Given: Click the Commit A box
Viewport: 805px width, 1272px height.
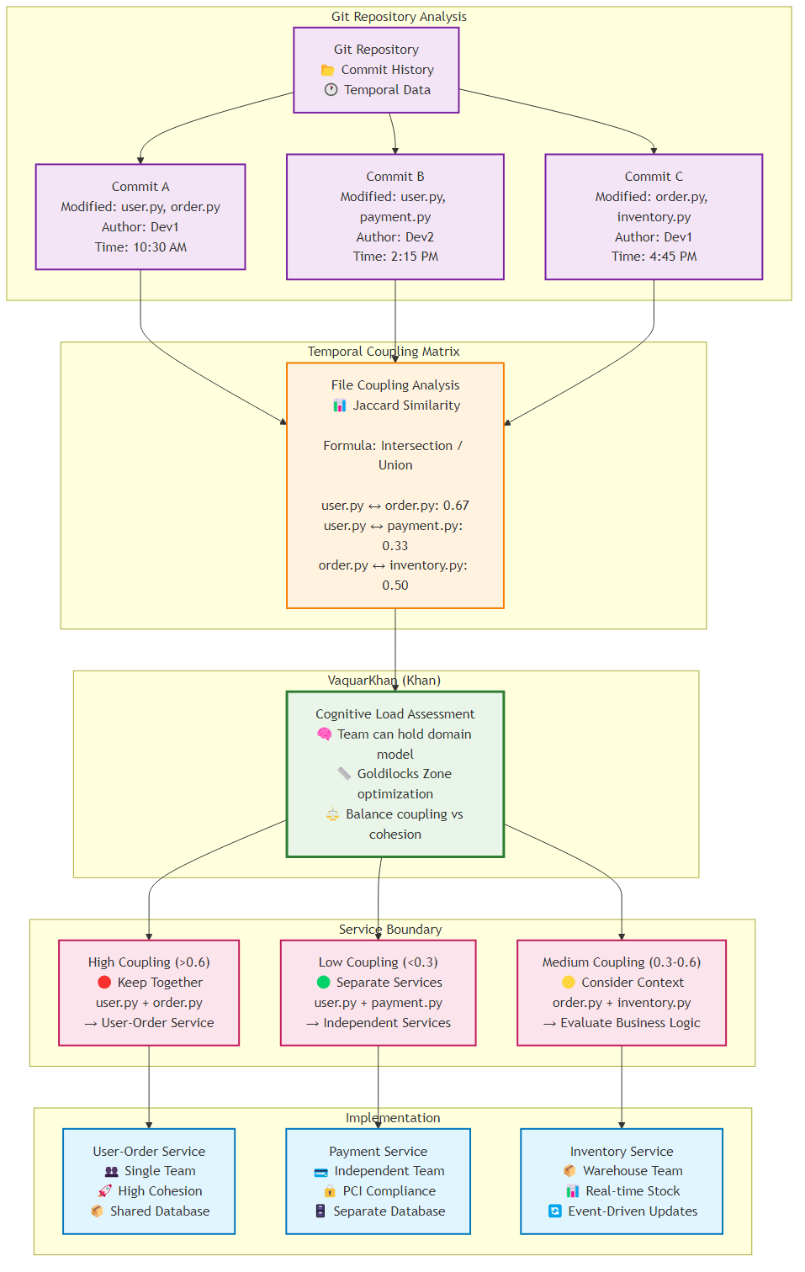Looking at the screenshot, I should [140, 216].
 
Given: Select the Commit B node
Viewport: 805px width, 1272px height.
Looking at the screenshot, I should [395, 216].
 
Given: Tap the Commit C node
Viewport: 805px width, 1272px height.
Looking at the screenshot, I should [654, 216].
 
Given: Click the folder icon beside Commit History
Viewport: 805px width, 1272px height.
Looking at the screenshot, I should [328, 70].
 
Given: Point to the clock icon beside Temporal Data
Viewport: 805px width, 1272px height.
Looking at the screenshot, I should [331, 90].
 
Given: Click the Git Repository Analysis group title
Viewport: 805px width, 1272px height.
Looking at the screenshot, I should [399, 17].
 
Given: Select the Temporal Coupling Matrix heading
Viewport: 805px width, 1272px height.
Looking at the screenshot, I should [384, 352].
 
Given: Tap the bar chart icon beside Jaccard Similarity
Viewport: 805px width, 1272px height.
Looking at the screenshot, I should [340, 405].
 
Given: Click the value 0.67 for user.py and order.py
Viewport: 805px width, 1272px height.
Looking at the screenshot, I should [456, 506].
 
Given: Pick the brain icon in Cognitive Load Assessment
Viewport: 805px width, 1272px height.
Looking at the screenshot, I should [325, 734].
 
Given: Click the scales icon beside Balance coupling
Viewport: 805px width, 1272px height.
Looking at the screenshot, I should [332, 814].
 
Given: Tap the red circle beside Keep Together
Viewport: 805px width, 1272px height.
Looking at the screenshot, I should [104, 983].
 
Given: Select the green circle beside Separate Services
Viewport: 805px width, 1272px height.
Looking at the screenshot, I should [324, 983].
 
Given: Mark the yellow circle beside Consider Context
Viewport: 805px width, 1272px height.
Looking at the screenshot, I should [569, 983].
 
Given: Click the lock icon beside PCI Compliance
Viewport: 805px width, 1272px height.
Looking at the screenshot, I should [330, 1191].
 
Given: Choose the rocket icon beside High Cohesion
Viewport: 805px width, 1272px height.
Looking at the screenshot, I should [104, 1191].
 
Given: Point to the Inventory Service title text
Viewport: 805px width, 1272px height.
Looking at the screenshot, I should [622, 1152].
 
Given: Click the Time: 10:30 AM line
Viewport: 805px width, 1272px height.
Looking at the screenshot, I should [140, 247].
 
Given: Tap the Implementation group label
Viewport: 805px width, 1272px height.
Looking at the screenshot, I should [393, 1118].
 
